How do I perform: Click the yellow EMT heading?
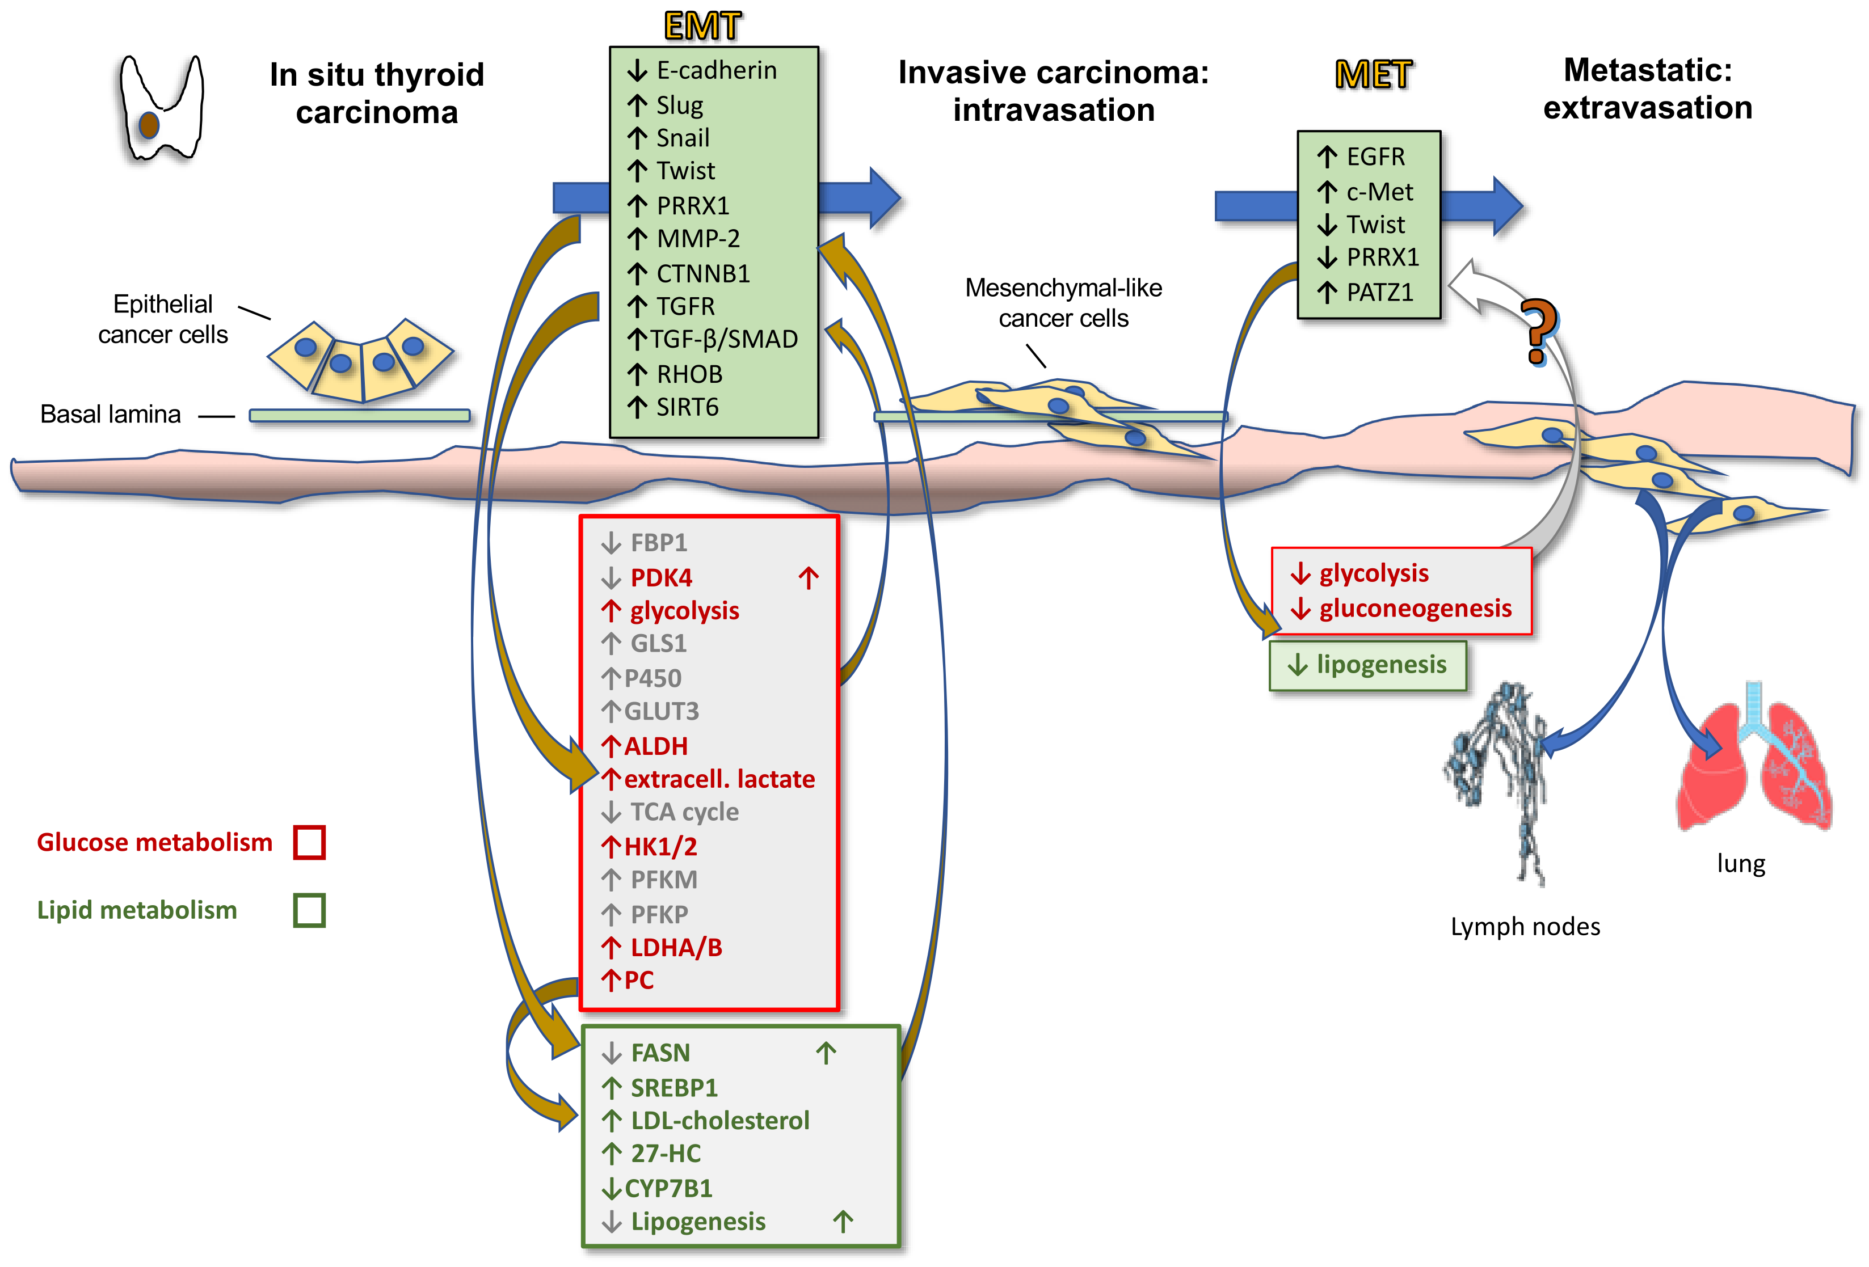(701, 26)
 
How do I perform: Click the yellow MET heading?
(1373, 75)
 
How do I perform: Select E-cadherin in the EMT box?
(715, 71)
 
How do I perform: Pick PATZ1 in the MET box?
(1379, 293)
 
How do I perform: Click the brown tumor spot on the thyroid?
(149, 125)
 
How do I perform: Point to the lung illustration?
(1753, 764)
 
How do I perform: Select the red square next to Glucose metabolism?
(309, 843)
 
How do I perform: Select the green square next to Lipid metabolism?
(309, 911)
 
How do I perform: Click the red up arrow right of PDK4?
(808, 577)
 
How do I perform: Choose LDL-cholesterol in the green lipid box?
(720, 1121)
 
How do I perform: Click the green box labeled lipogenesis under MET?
(1367, 665)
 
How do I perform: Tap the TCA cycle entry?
(684, 812)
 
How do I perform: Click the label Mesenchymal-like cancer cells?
(1063, 303)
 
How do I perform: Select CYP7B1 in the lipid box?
(667, 1188)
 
